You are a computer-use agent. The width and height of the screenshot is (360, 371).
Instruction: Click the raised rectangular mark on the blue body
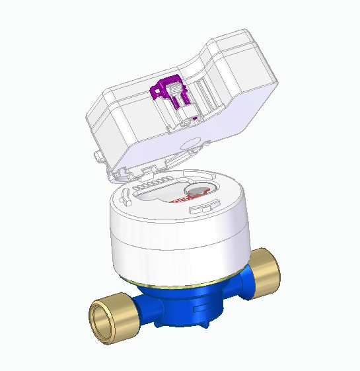201,308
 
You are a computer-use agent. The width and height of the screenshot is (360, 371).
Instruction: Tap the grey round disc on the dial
196,191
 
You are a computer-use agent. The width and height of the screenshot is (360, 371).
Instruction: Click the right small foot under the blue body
205,327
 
